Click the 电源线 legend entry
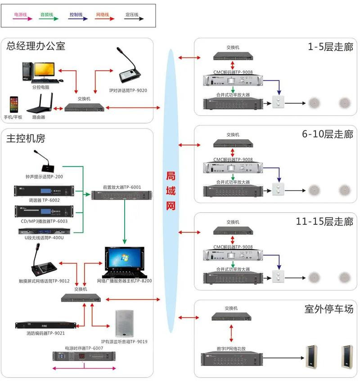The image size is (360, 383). coord(21,15)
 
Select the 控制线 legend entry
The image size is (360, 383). coord(76,15)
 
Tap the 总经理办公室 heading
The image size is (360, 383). coord(36,46)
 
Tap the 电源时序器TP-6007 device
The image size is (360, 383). coord(84,356)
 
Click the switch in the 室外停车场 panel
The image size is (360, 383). coord(231,317)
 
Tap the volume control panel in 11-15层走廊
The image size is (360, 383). coord(279,276)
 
